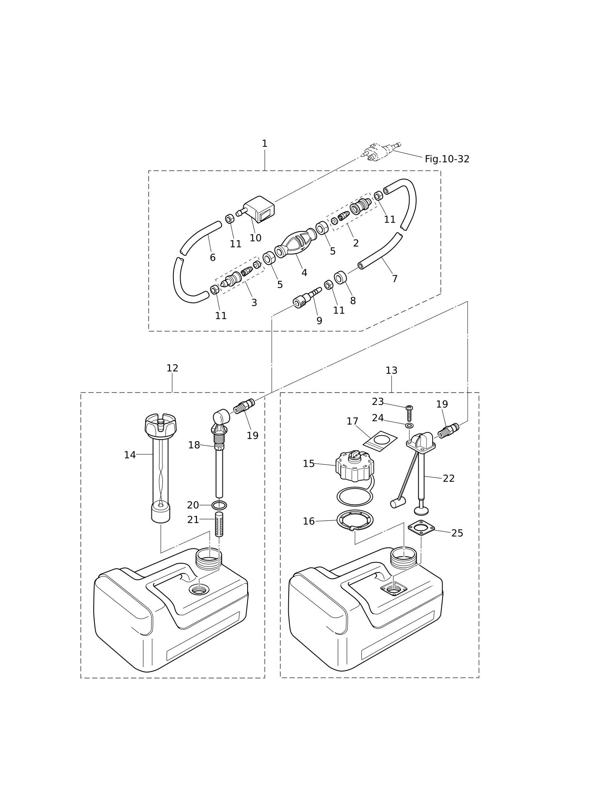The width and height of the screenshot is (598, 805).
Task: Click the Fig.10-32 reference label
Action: (447, 159)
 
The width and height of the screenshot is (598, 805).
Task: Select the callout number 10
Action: (256, 238)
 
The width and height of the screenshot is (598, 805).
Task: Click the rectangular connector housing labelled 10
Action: (259, 209)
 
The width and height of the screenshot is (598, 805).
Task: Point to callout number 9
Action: (319, 321)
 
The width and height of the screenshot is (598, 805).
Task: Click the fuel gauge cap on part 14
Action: (161, 425)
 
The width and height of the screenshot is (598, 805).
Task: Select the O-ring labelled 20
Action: (219, 505)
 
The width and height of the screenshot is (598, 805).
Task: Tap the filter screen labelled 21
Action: (219, 524)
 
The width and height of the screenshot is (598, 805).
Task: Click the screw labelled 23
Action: (409, 413)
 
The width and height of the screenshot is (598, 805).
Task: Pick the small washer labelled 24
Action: (409, 426)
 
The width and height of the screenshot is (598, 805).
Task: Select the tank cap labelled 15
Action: (354, 466)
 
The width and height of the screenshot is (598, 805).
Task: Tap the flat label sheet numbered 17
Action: (380, 442)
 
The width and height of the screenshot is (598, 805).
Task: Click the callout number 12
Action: (172, 368)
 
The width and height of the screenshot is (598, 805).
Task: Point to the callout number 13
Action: (391, 371)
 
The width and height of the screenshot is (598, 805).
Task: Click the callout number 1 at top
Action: (265, 144)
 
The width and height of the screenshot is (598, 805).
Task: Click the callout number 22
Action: (449, 479)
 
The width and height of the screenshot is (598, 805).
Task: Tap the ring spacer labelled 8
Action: (340, 277)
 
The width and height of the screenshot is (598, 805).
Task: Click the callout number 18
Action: (194, 445)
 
